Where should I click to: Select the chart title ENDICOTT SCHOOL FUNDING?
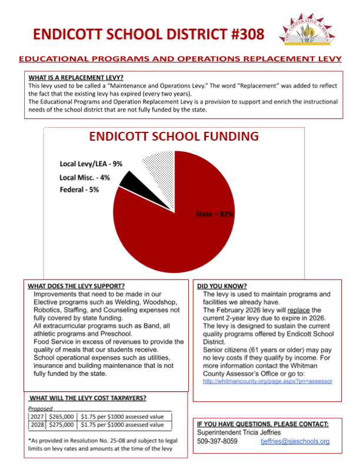(x=174, y=137)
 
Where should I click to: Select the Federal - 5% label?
(x=79, y=189)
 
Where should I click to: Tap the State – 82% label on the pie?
(x=214, y=214)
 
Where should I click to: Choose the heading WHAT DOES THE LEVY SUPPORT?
(x=76, y=286)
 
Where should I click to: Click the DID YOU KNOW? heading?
(x=222, y=286)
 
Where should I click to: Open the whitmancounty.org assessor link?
(x=267, y=381)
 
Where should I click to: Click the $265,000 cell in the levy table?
(x=62, y=415)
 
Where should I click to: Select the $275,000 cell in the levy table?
(x=62, y=424)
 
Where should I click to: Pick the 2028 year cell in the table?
(x=38, y=424)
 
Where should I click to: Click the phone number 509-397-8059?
(x=217, y=441)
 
